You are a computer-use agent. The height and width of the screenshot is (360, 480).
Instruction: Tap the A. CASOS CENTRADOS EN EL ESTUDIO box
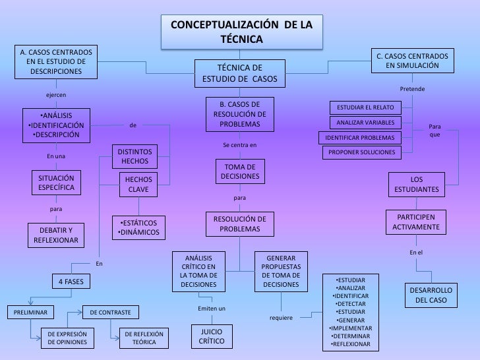pos(56,61)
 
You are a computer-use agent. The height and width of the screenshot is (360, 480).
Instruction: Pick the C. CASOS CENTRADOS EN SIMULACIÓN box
pos(411,61)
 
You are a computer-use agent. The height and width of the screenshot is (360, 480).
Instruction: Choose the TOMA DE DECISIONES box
pos(240,171)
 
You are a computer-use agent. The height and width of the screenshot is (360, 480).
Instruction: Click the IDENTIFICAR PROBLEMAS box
pos(360,138)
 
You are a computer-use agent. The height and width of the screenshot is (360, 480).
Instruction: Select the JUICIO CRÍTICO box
pos(211,335)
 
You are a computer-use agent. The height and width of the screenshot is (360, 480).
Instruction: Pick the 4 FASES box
pos(71,282)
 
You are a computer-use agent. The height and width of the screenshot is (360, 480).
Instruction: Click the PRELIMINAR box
pos(30,311)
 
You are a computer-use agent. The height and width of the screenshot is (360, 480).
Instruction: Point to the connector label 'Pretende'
pos(412,88)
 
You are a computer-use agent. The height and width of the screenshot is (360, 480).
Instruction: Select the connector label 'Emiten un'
pos(211,309)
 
